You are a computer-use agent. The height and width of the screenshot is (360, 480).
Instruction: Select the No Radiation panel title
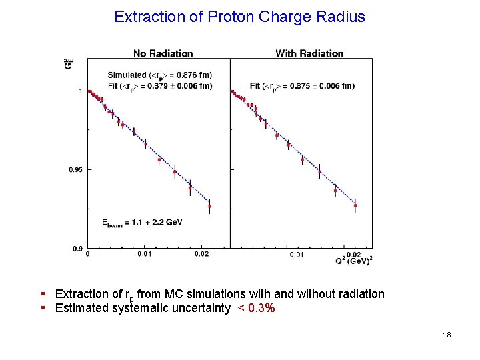(x=163, y=53)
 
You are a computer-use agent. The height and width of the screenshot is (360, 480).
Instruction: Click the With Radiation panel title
(x=309, y=53)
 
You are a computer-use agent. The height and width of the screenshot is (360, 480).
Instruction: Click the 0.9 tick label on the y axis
(x=78, y=249)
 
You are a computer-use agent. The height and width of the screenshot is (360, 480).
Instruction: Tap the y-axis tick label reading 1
(x=81, y=91)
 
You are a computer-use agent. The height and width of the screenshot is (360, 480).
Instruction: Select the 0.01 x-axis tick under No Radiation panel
(x=145, y=253)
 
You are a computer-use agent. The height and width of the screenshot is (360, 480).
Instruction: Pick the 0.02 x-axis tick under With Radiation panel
(x=355, y=254)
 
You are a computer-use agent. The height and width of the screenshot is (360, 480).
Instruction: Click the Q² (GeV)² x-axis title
(x=354, y=261)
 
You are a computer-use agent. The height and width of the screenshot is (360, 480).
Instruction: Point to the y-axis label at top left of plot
(x=68, y=63)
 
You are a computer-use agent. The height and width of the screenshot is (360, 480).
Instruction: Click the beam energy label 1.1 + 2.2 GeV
(x=142, y=221)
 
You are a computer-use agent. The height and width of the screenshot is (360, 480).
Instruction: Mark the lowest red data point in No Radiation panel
(x=209, y=206)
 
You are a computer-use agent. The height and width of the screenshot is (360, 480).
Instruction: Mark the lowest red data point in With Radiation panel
(x=355, y=205)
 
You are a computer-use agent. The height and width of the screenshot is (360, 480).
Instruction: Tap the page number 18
(x=447, y=335)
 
